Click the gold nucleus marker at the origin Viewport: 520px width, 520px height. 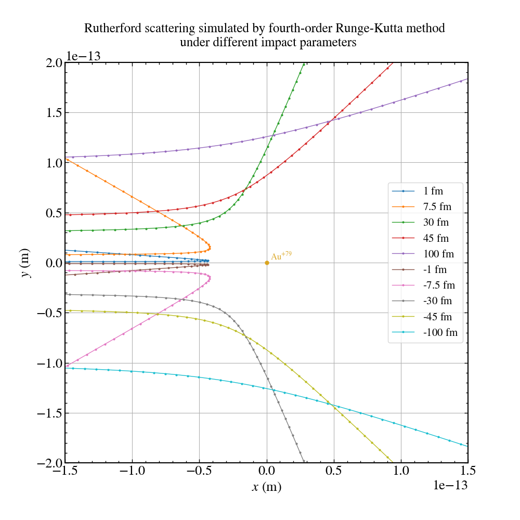tap(267, 263)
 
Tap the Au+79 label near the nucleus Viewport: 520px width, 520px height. tap(281, 256)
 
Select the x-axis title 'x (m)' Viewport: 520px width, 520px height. tap(266, 487)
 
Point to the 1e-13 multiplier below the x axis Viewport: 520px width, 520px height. tap(450, 485)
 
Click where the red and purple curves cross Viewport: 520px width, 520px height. tap(331, 121)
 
